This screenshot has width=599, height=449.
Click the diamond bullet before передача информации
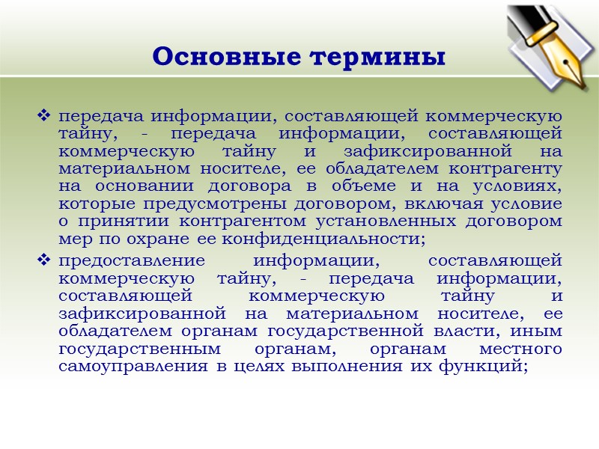[43, 117]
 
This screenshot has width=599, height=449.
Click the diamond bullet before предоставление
[43, 260]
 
